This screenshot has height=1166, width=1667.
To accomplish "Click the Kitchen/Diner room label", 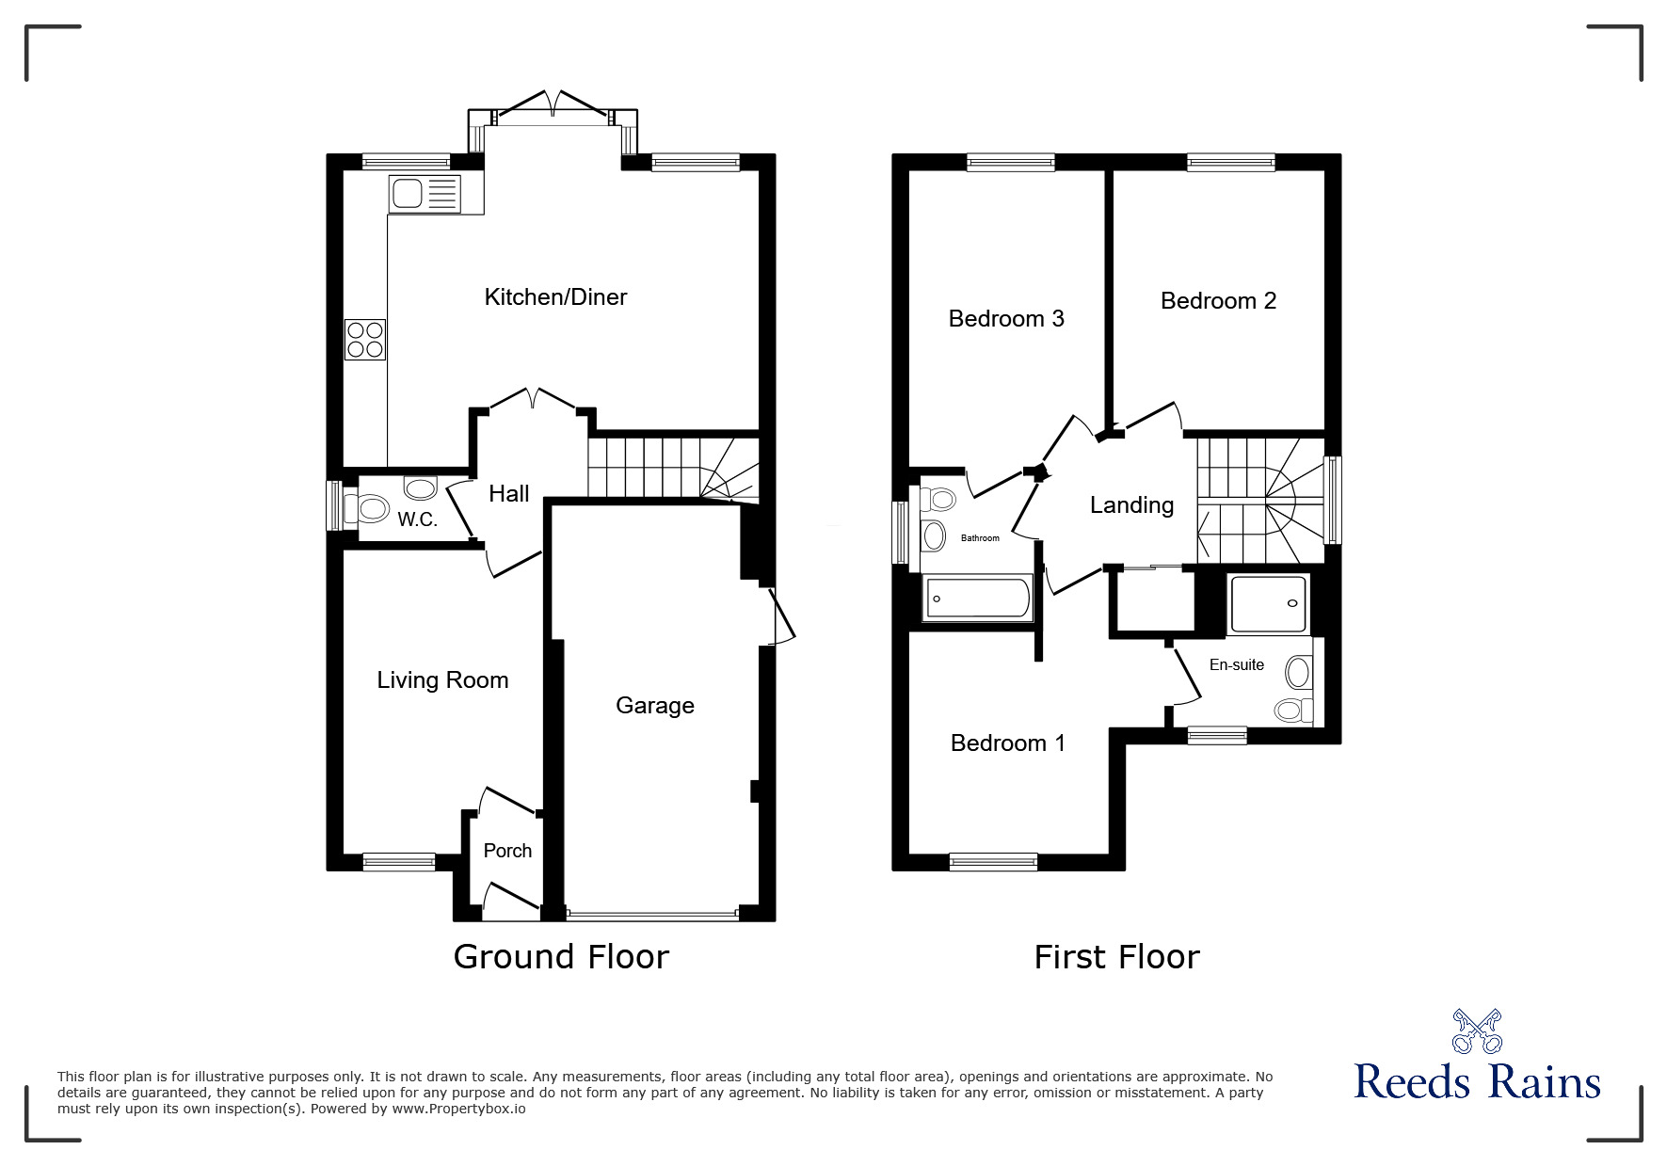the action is click(555, 297).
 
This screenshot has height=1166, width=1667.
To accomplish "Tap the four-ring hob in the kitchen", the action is click(365, 340).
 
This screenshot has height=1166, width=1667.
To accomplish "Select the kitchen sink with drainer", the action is click(424, 194).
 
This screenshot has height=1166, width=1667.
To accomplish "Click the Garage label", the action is click(655, 706).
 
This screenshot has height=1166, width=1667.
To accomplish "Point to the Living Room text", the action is click(442, 680).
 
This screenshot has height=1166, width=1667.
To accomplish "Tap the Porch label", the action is click(507, 851).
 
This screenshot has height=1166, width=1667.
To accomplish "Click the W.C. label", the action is click(417, 519).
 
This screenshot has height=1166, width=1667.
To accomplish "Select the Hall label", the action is click(509, 493).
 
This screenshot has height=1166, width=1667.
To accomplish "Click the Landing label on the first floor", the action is click(1131, 506).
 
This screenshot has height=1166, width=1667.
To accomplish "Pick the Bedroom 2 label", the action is click(1218, 301).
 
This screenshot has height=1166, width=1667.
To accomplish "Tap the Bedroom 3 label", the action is click(1006, 319).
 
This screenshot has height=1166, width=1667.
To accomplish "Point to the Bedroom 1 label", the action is click(1008, 743).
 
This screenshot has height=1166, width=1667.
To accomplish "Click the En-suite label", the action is click(1237, 665).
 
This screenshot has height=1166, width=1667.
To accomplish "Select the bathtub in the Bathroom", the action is click(978, 599).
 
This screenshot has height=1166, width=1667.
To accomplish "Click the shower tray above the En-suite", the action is click(1269, 604).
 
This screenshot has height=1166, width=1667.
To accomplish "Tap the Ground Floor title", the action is click(561, 957).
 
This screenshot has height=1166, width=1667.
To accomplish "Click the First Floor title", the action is click(1117, 957).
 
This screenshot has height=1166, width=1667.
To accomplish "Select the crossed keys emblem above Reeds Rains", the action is click(1478, 1030).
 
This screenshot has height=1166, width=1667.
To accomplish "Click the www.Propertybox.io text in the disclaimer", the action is click(458, 1109).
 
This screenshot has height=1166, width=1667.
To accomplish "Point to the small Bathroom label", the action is click(980, 538).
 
